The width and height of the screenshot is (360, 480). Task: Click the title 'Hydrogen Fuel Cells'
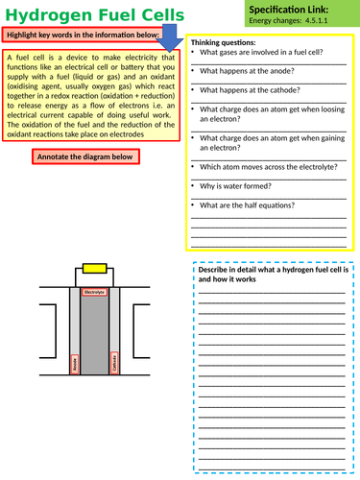86,12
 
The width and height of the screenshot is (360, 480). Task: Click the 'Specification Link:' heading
300,10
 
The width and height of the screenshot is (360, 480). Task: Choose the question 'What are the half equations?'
248,204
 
